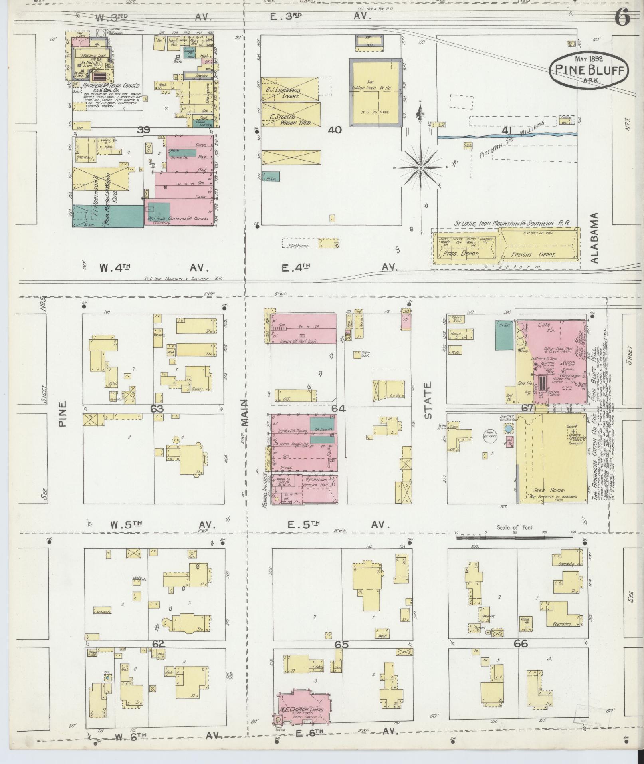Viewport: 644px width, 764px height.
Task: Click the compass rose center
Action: tap(420, 168)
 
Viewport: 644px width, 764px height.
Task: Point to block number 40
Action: tap(335, 130)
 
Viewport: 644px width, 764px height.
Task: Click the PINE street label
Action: tap(63, 414)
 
